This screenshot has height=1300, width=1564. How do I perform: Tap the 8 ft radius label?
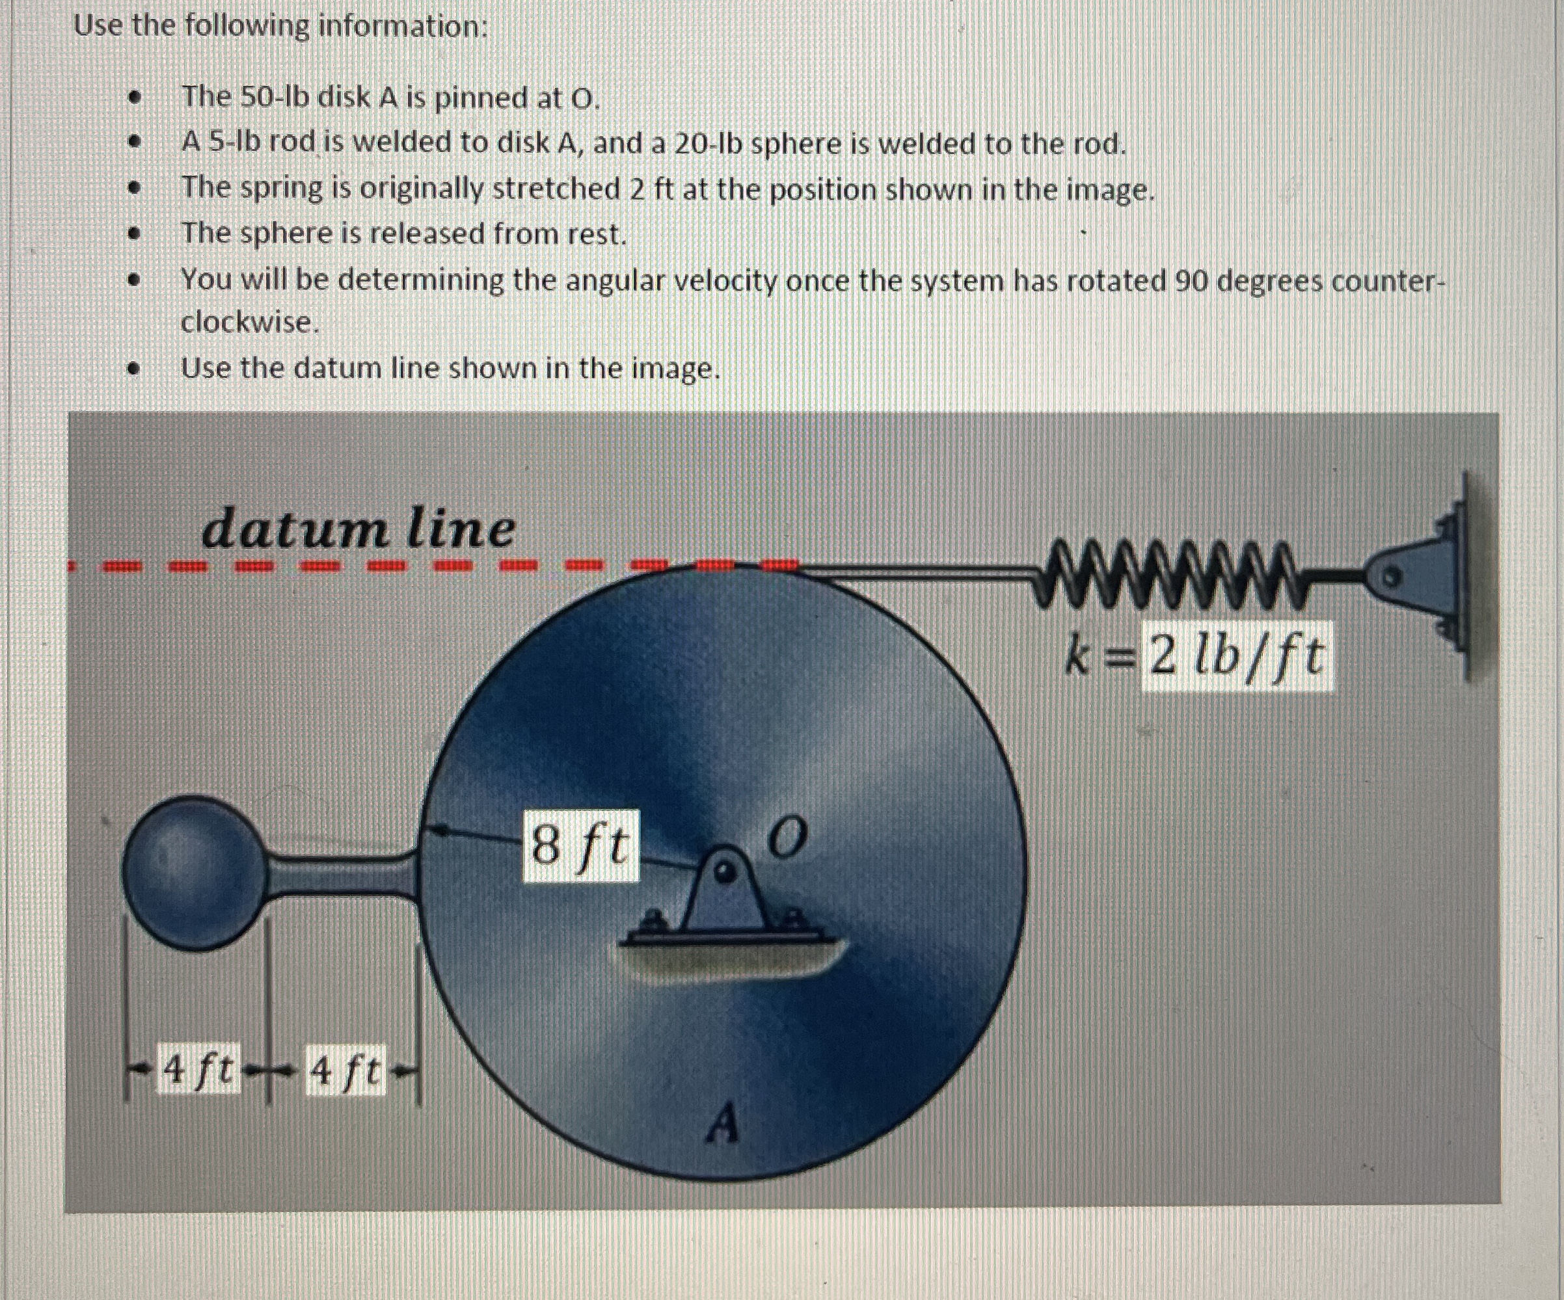coord(580,846)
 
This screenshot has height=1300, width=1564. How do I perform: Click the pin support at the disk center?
coord(725,894)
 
